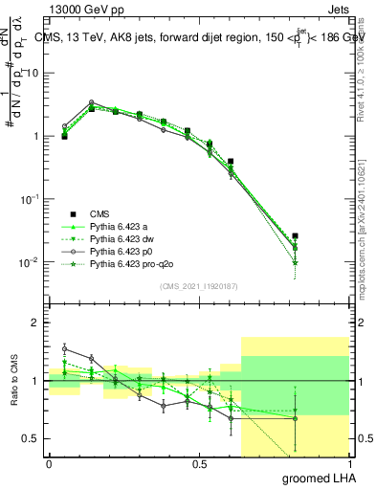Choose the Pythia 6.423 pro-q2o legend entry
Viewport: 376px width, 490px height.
coord(124,262)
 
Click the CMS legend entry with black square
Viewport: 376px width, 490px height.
coord(100,214)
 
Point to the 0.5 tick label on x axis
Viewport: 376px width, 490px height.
coord(199,463)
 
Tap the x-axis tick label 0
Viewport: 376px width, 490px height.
coord(49,463)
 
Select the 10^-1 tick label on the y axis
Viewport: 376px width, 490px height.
coord(30,198)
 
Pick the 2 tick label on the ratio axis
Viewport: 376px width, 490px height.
coord(36,323)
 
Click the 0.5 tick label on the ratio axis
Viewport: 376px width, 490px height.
coord(32,438)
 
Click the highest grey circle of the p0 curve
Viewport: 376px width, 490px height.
coord(91,102)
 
